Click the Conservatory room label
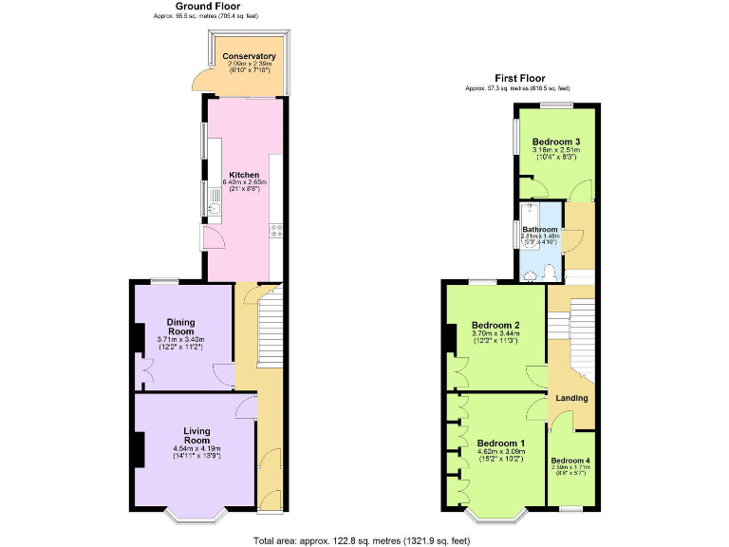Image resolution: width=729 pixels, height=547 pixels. [249, 57]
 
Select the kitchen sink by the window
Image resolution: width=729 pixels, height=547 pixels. [215, 209]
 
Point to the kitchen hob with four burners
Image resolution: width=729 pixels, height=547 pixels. [276, 232]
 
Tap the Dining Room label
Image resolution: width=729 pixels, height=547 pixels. [180, 326]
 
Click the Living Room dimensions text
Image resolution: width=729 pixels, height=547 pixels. [196, 453]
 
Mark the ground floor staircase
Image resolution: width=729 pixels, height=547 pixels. [270, 328]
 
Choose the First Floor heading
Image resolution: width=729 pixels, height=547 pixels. [519, 78]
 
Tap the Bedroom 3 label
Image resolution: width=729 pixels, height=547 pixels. [556, 142]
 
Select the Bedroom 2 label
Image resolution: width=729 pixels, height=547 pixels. [495, 326]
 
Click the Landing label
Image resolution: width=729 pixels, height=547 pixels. [571, 398]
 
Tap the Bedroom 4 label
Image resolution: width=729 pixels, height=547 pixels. [571, 461]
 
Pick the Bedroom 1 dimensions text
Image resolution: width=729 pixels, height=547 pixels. [500, 454]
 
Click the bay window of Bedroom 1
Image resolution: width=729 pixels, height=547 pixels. [498, 518]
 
